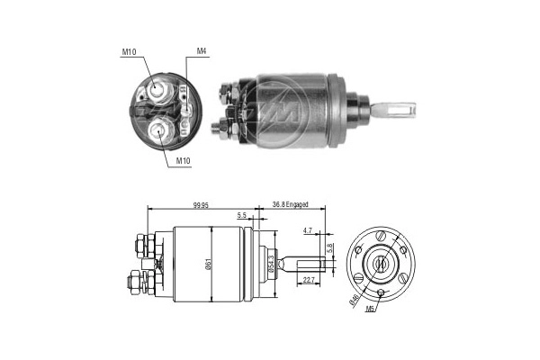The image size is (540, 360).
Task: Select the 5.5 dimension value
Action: click(x=242, y=216)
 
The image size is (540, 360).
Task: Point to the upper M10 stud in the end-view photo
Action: click(x=157, y=89)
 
